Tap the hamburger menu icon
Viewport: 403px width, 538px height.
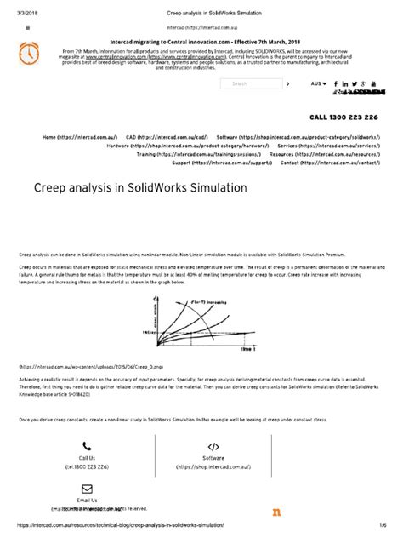click(x=28, y=26)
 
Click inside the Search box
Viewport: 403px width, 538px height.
click(x=251, y=84)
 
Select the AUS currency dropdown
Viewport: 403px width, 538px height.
click(x=317, y=84)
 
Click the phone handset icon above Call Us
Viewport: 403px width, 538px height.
click(x=87, y=445)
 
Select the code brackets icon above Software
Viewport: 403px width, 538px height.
click(x=213, y=445)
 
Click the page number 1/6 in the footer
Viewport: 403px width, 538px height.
click(x=386, y=525)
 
